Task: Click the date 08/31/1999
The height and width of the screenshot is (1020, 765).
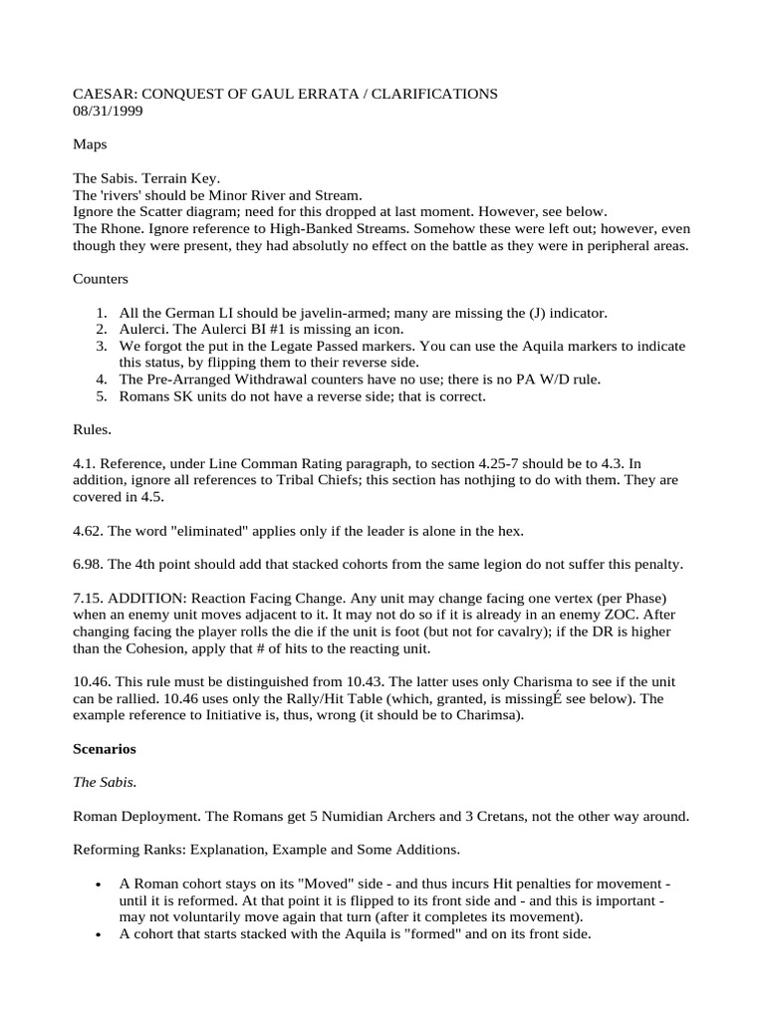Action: pos(108,112)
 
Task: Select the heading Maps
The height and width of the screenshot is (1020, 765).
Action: pos(90,144)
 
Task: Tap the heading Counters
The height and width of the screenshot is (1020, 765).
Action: pos(101,279)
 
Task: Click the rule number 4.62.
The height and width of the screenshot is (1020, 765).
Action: pos(90,529)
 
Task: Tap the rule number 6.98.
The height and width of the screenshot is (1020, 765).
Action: pos(90,564)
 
